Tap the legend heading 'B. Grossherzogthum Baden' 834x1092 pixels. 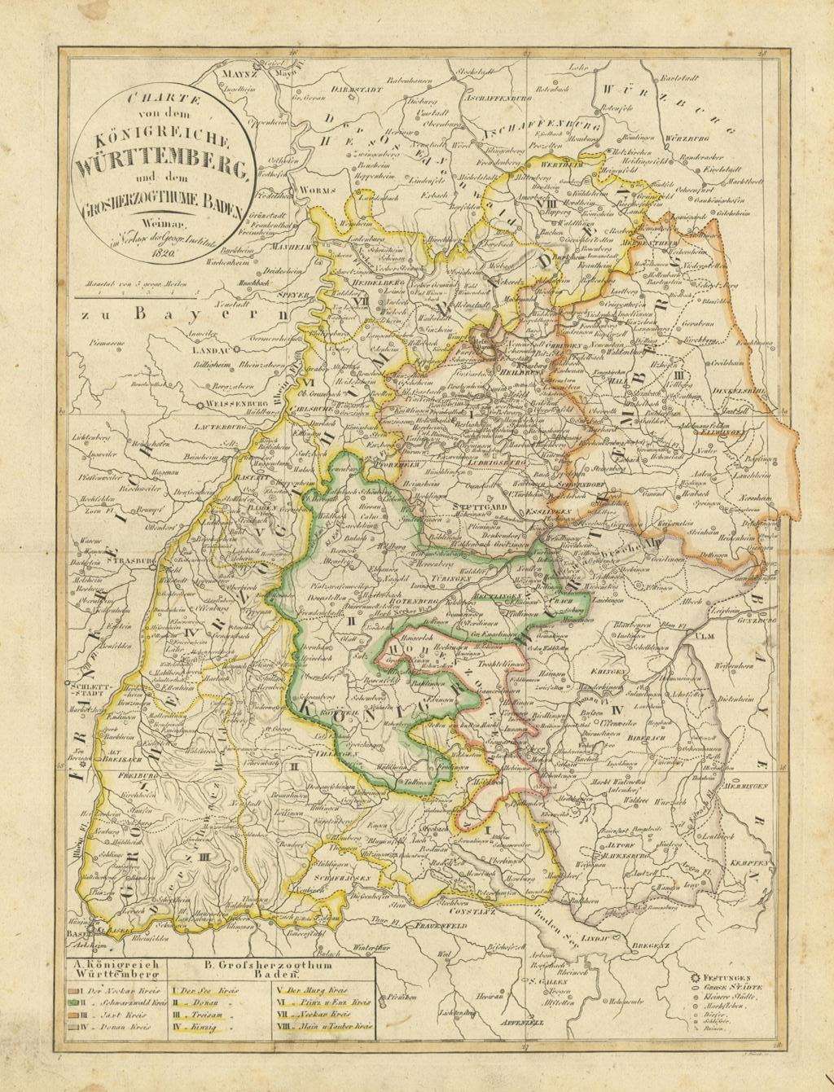click(272, 967)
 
